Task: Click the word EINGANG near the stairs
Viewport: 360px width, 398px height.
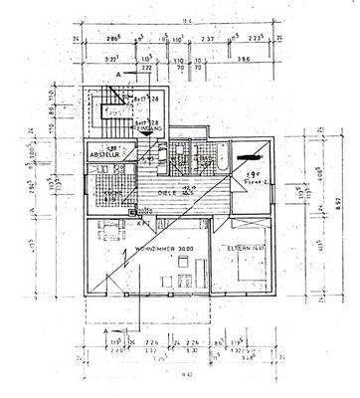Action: [x=149, y=127]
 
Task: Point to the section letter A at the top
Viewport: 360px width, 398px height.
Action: [x=121, y=74]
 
